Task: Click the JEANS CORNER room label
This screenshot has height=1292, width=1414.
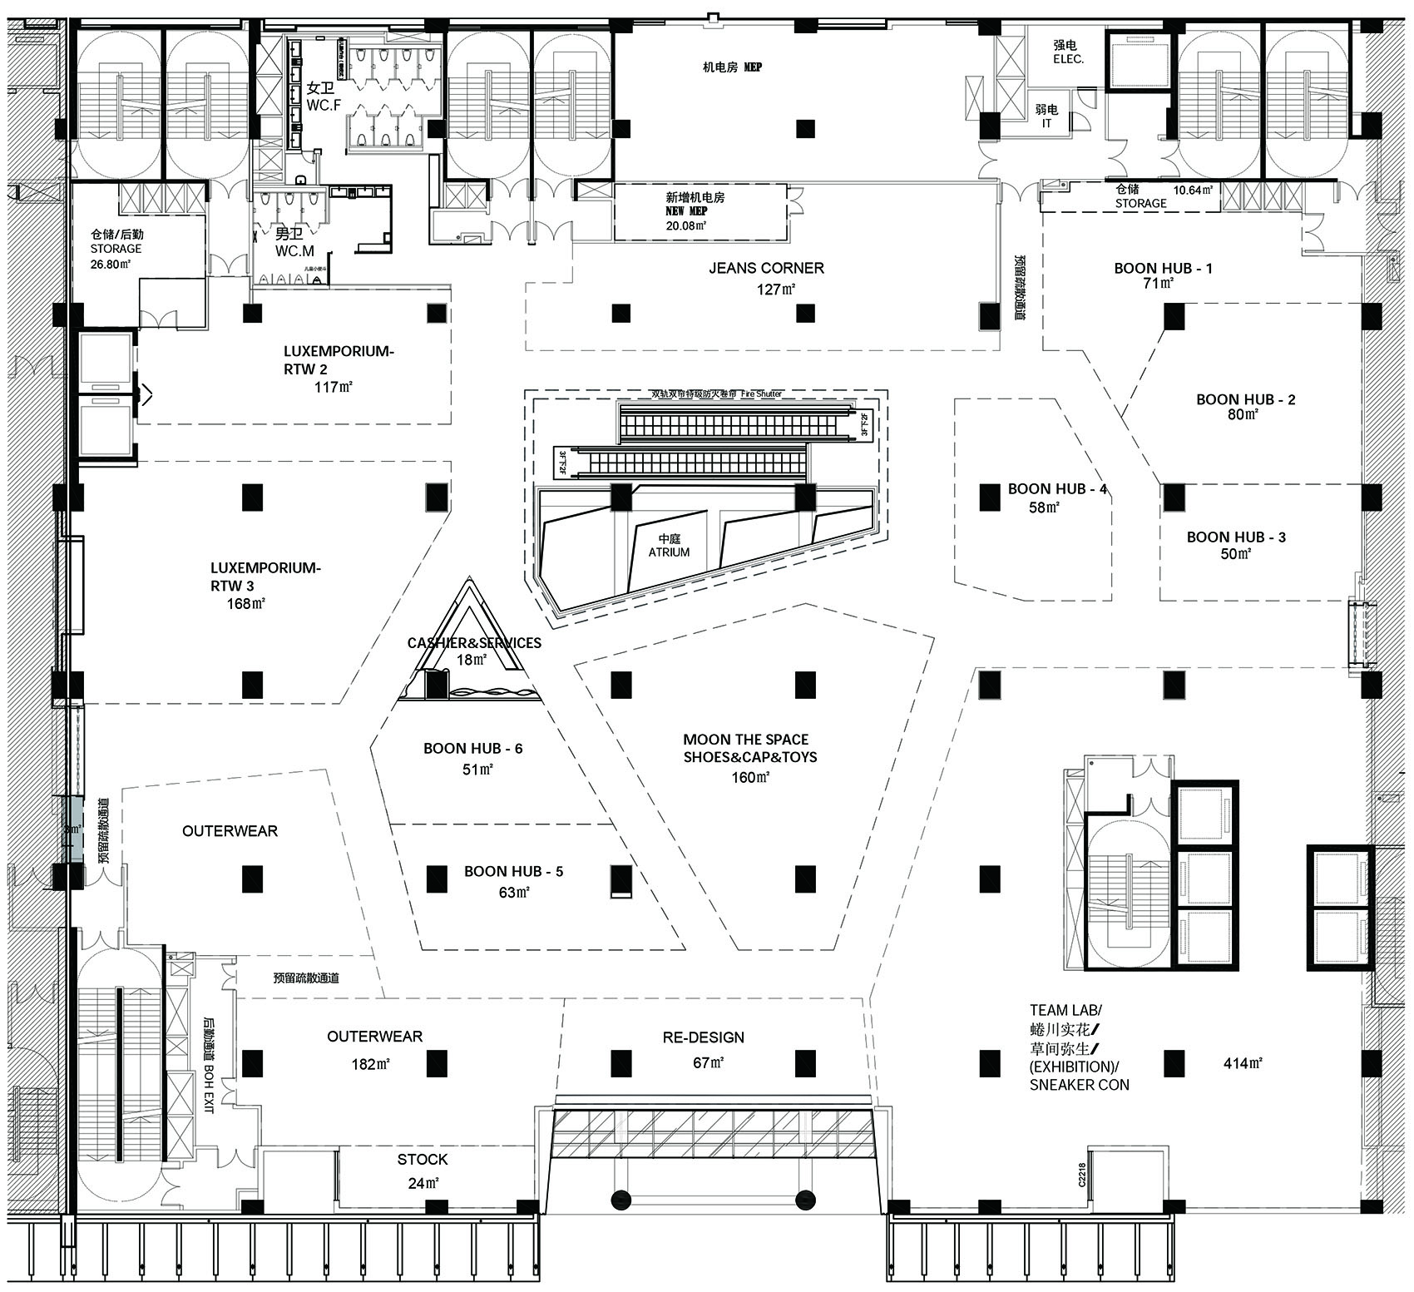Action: [766, 268]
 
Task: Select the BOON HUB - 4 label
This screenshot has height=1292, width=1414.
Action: [1056, 489]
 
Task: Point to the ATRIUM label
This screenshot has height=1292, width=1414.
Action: [669, 552]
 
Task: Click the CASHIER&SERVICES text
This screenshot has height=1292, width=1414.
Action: [474, 643]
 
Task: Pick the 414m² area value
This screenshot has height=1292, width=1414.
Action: [1243, 1062]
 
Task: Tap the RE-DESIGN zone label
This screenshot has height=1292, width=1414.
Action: [703, 1037]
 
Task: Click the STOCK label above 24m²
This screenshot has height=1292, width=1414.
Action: [422, 1160]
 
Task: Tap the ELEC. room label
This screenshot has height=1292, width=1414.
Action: [1068, 60]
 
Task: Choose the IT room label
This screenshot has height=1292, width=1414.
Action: [1046, 123]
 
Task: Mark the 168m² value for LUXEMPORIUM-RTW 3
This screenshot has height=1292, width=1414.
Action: [245, 604]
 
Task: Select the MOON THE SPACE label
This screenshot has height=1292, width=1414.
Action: [745, 739]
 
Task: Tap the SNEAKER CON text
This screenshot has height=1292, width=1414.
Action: [1079, 1085]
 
